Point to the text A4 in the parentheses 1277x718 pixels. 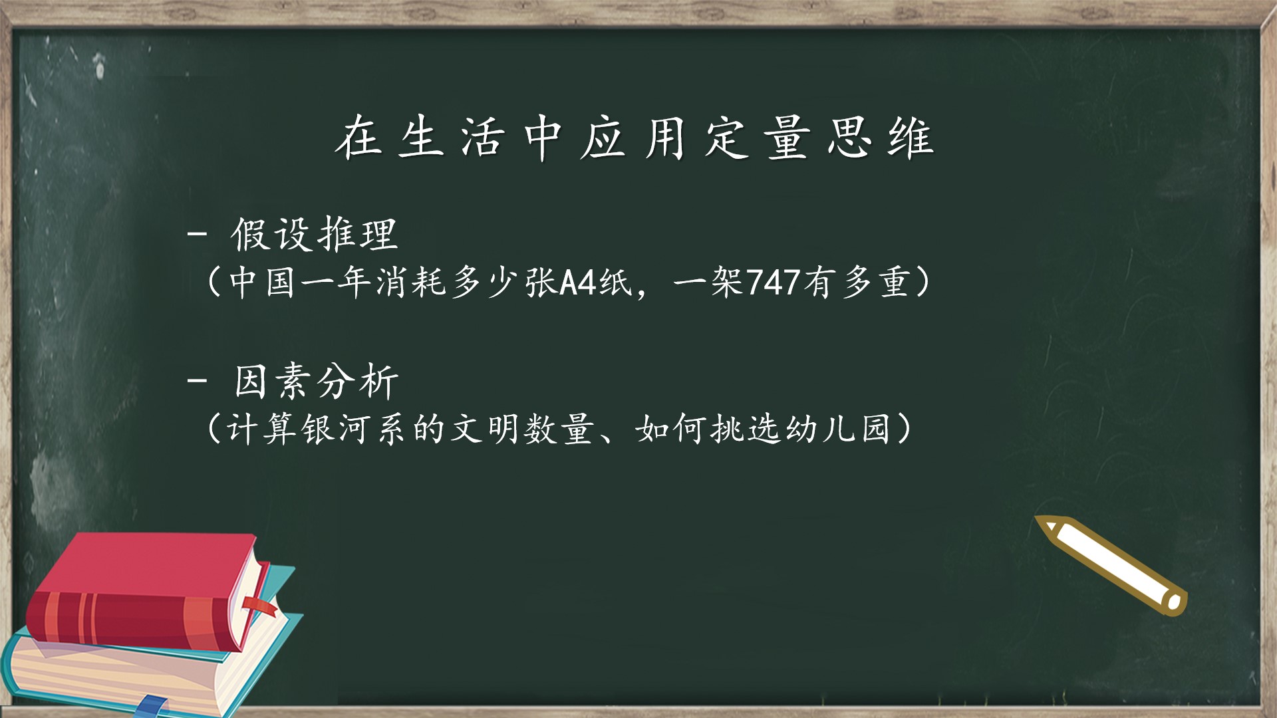click(x=577, y=283)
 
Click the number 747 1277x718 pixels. click(x=773, y=283)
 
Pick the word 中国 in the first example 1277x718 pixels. click(x=261, y=283)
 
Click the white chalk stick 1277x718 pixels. click(x=1111, y=565)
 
